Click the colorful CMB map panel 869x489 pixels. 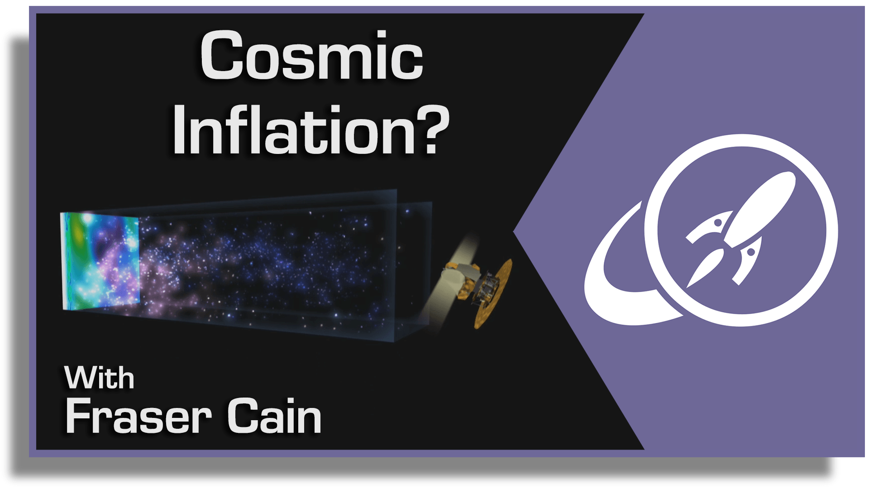[100, 261]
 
